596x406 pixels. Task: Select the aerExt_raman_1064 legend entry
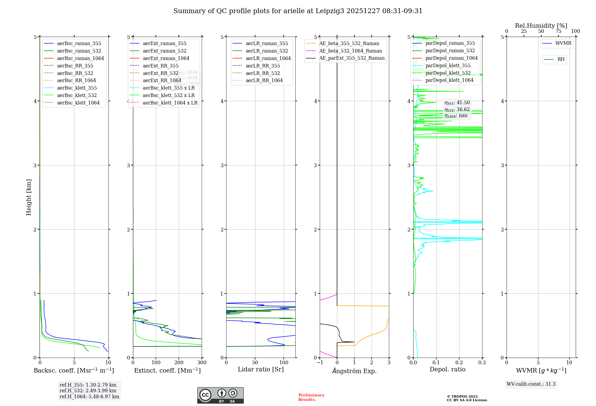click(166, 58)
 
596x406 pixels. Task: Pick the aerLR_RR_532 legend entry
click(263, 73)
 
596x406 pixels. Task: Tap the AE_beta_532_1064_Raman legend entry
click(350, 51)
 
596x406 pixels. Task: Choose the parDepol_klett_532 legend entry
click(448, 73)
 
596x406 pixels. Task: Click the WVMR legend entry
click(563, 43)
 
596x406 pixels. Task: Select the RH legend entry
click(561, 59)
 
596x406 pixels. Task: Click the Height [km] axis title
click(29, 197)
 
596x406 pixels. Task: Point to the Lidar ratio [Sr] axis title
click(261, 369)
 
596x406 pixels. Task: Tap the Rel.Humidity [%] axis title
click(541, 26)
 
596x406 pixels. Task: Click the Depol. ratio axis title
click(447, 369)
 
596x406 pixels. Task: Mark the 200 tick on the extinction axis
click(179, 362)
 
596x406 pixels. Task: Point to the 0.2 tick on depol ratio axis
click(459, 362)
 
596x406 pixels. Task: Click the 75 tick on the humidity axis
click(558, 31)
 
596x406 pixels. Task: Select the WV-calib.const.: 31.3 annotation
click(531, 384)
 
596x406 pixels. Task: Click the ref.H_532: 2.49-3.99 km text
click(88, 390)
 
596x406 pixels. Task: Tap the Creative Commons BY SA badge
click(220, 395)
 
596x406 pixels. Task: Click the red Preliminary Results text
click(311, 397)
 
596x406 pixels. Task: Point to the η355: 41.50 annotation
click(457, 103)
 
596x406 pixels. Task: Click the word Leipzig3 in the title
click(330, 11)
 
